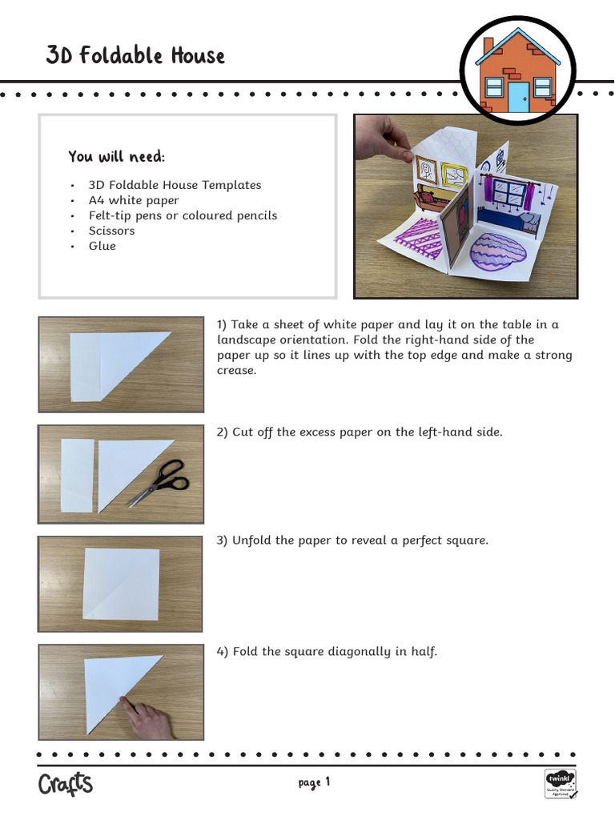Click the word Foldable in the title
[121, 55]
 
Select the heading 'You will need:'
[117, 156]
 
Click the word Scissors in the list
[111, 231]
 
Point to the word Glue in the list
[102, 246]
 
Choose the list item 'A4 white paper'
[134, 200]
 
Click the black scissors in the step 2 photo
[159, 481]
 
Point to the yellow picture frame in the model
[453, 175]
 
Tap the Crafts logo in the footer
[66, 783]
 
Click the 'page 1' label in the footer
[314, 782]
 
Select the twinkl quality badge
[560, 784]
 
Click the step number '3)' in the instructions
[223, 541]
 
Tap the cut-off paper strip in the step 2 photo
[78, 476]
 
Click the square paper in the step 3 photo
[121, 584]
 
